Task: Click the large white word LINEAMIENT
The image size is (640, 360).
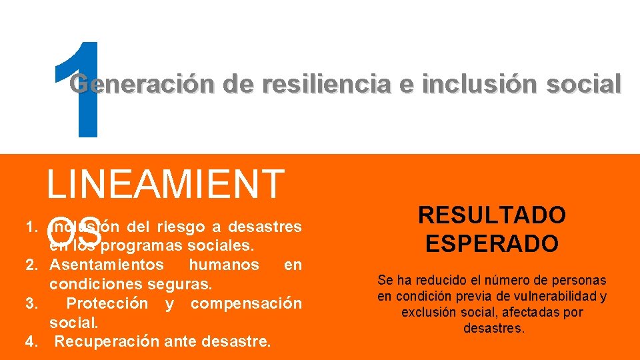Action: click(165, 185)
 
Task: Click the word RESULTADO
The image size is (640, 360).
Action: click(492, 215)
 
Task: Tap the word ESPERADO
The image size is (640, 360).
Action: click(492, 243)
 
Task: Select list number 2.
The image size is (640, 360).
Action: click(31, 265)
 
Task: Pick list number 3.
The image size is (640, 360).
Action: click(31, 304)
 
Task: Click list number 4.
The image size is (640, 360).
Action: click(31, 343)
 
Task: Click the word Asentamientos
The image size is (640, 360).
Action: click(106, 265)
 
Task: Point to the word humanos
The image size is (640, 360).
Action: click(224, 265)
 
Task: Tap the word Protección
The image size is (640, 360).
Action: click(107, 304)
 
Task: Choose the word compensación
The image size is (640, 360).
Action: click(246, 304)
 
